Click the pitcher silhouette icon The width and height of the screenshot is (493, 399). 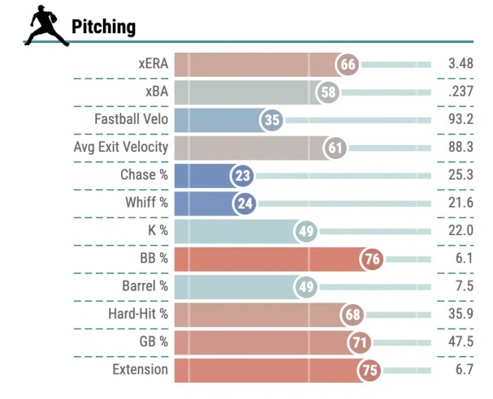click(46, 27)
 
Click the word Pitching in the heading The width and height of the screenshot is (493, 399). click(104, 27)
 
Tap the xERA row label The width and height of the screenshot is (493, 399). click(154, 64)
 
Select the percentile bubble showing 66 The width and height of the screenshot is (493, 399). click(348, 65)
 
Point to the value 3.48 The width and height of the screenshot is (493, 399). click(461, 65)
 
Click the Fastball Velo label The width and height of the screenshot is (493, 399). click(131, 119)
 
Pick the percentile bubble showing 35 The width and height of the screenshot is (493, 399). click(273, 120)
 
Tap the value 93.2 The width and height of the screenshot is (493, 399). click(461, 120)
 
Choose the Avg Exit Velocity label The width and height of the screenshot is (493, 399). click(121, 147)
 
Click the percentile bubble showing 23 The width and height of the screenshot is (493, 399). click(243, 176)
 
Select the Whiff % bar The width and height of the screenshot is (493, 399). click(204, 203)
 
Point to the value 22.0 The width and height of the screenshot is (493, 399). click(461, 231)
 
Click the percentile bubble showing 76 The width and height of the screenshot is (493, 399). click(372, 259)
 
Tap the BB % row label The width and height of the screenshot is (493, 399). click(154, 258)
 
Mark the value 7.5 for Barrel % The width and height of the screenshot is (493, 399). click(463, 286)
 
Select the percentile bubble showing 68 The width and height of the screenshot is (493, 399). click(353, 315)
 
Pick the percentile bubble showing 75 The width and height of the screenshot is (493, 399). click(369, 370)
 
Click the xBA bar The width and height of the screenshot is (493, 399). click(246, 92)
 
